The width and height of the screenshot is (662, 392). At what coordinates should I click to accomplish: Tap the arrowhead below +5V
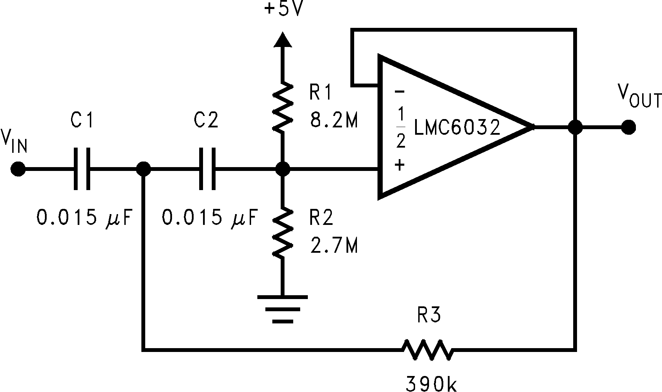coord(282,39)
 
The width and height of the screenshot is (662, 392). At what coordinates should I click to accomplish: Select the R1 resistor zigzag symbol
coord(282,107)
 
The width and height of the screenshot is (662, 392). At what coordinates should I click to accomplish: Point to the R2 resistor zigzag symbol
coord(282,233)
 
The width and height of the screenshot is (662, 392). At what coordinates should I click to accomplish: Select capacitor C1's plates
coord(82,169)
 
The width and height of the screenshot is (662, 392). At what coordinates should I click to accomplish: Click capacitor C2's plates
coord(207,169)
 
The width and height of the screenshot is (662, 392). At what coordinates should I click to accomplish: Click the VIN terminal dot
coord(17,169)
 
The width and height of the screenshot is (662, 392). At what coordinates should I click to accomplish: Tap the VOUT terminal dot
coord(628,127)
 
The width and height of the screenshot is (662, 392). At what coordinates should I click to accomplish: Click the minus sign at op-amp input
coord(399,92)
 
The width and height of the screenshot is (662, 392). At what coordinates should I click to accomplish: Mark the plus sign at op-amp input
coord(399,165)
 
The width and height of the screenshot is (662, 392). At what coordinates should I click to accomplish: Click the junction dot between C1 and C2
coord(143,169)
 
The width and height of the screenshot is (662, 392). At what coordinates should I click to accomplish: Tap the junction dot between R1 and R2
coord(282,169)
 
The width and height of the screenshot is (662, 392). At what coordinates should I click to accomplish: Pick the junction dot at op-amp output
coord(575,127)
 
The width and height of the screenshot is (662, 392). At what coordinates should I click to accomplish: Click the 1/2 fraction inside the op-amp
coord(400,127)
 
